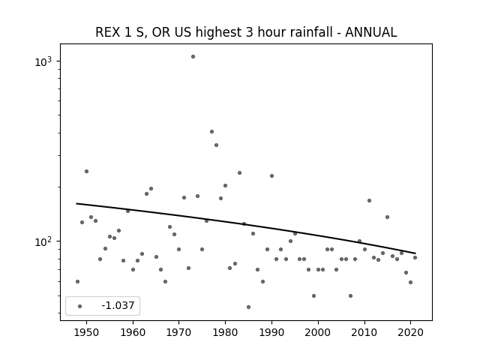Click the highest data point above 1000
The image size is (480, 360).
(193, 57)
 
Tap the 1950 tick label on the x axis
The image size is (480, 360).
(86, 332)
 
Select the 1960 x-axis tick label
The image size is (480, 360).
(133, 332)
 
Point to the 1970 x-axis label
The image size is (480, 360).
(179, 332)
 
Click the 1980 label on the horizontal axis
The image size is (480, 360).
(225, 332)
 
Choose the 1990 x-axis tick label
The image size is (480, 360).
(271, 332)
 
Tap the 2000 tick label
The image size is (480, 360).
(318, 332)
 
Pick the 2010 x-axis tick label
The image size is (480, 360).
(364, 332)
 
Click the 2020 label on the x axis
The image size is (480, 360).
(410, 332)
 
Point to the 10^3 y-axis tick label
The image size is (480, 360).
(43, 61)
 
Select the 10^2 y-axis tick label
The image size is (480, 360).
(43, 241)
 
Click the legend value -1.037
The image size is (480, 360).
(118, 305)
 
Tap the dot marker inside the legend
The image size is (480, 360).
(80, 306)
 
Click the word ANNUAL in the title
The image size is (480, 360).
(371, 32)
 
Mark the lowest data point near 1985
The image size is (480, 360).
(248, 307)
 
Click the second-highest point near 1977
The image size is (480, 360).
(211, 132)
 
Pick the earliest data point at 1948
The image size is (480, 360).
(77, 282)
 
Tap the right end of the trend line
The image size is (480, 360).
(415, 253)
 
